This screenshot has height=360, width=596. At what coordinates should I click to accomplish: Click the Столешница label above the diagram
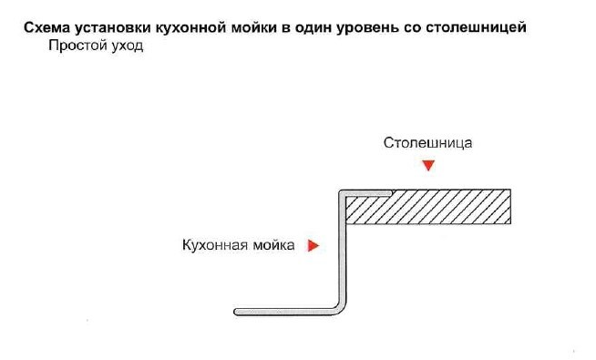click(x=428, y=143)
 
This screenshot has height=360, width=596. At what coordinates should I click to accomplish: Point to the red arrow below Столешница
click(x=429, y=166)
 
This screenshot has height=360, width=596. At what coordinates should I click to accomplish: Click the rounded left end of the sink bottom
click(x=237, y=311)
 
